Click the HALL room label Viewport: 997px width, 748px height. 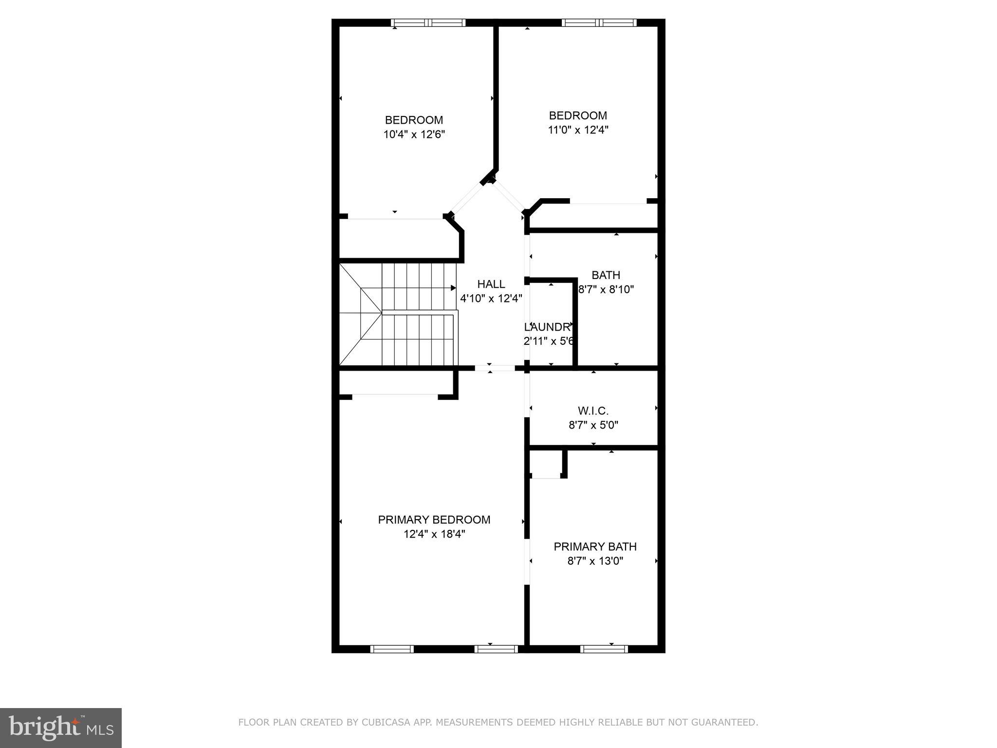[x=491, y=284]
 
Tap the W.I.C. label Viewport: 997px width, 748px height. [x=593, y=411]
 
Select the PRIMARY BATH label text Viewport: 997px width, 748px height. [x=595, y=546]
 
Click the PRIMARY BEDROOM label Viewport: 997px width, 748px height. [x=434, y=520]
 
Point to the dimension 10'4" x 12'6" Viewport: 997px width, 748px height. [x=414, y=134]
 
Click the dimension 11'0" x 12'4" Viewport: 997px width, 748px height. [x=578, y=130]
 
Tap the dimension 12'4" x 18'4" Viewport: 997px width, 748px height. [x=434, y=534]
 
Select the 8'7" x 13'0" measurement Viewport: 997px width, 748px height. [x=595, y=561]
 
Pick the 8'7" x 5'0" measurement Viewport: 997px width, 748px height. [x=593, y=425]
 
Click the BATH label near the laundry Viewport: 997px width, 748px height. [x=606, y=275]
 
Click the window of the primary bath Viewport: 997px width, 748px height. [x=604, y=649]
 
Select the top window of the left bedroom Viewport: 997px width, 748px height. [x=428, y=22]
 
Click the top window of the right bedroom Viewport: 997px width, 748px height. [x=598, y=22]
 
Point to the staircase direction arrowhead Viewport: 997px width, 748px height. [x=453, y=288]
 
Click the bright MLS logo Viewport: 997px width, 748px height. [x=60, y=728]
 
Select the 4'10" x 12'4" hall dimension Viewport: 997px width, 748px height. [x=491, y=298]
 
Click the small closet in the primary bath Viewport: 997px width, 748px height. [x=546, y=464]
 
